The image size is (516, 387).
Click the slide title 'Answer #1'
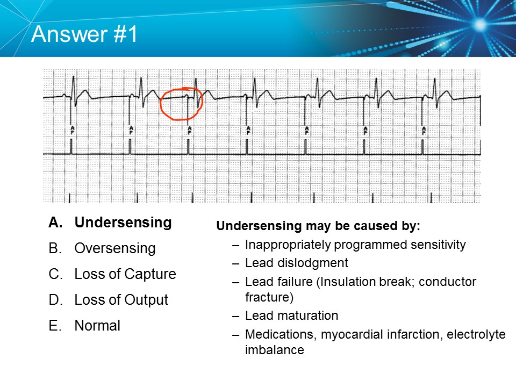click(85, 34)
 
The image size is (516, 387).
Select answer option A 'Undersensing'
click(123, 223)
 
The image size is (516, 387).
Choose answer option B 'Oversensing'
click(114, 248)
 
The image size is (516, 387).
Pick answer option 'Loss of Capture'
click(125, 274)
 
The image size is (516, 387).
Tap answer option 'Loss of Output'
click(121, 300)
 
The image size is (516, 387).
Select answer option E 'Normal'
click(97, 326)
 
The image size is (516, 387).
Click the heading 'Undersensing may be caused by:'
click(318, 226)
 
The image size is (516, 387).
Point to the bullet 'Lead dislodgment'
click(296, 263)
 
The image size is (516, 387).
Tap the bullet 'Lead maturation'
click(291, 316)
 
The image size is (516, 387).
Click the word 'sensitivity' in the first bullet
click(439, 245)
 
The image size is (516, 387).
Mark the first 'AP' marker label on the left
click(71, 130)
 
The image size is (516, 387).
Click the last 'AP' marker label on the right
click(424, 130)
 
